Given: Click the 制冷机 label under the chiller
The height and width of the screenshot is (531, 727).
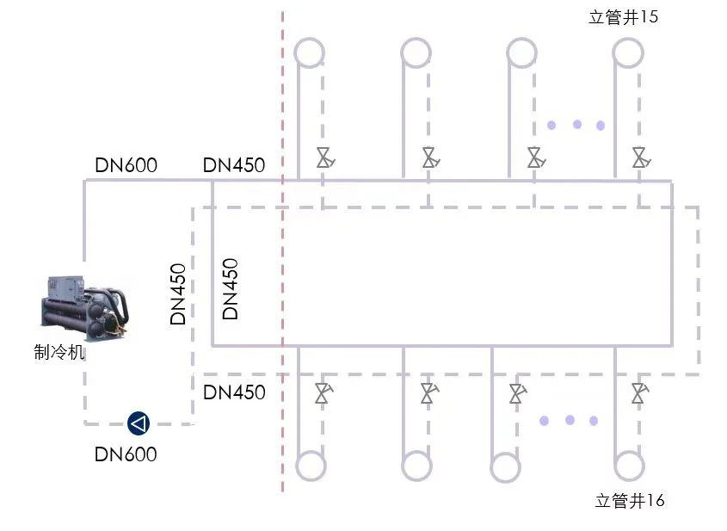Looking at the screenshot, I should click(x=59, y=352).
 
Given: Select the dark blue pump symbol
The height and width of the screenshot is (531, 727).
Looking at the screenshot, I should click(x=139, y=423).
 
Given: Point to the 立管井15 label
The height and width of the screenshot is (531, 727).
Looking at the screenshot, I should click(x=624, y=17).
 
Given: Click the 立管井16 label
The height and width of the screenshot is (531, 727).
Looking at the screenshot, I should click(x=630, y=500).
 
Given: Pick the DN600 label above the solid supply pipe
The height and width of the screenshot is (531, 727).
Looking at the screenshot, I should click(x=126, y=165).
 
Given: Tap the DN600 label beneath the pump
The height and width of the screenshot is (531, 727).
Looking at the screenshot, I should click(x=126, y=454).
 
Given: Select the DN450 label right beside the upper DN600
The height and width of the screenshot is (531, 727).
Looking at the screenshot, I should click(x=234, y=165).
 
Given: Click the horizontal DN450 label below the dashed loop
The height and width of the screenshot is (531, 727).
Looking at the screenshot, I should click(x=234, y=392).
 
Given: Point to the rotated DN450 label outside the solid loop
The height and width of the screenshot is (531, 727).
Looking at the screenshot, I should click(x=178, y=293).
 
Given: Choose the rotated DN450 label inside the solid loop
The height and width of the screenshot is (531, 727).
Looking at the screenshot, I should click(x=230, y=289).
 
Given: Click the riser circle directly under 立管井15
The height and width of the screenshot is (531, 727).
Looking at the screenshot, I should click(x=627, y=52).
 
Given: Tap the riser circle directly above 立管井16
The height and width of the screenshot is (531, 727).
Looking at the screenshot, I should click(x=629, y=466).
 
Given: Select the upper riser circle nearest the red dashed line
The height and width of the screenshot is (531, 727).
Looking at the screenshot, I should click(x=310, y=52).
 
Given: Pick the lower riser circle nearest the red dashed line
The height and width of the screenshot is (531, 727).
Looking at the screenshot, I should click(x=311, y=466).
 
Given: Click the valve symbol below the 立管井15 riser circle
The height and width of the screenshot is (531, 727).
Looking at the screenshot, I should click(x=639, y=157).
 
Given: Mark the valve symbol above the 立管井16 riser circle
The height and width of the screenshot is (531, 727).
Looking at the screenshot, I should click(x=638, y=393).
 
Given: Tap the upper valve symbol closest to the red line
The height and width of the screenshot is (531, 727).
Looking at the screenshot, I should click(x=324, y=157).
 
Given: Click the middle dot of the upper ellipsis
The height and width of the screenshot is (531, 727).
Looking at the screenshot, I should click(x=576, y=125).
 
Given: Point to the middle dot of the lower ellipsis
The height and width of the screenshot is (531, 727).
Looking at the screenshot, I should click(x=570, y=420).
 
